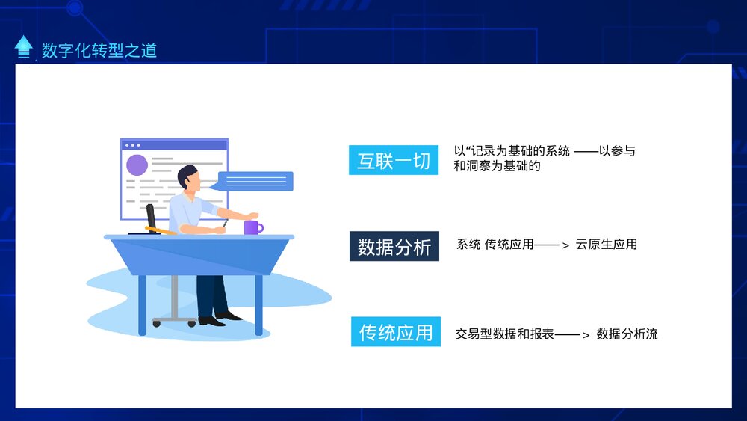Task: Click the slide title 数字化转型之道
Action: pyautogui.click(x=99, y=50)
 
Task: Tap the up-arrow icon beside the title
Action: pyautogui.click(x=24, y=46)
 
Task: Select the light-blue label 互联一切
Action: pyautogui.click(x=393, y=161)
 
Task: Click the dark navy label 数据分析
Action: pyautogui.click(x=394, y=247)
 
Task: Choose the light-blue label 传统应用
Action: pyautogui.click(x=395, y=332)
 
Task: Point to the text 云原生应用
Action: pyautogui.click(x=606, y=245)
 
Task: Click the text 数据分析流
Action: pyautogui.click(x=627, y=334)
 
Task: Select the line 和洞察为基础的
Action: pyautogui.click(x=496, y=166)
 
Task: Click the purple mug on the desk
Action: pyautogui.click(x=252, y=227)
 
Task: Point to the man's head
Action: pyautogui.click(x=188, y=178)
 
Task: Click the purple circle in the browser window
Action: pyautogui.click(x=137, y=165)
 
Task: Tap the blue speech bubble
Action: pyautogui.click(x=255, y=181)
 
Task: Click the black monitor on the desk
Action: pyautogui.click(x=152, y=219)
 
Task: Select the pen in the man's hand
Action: pyautogui.click(x=225, y=222)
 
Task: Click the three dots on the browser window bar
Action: pyautogui.click(x=132, y=145)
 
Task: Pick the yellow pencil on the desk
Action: pyautogui.click(x=161, y=230)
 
